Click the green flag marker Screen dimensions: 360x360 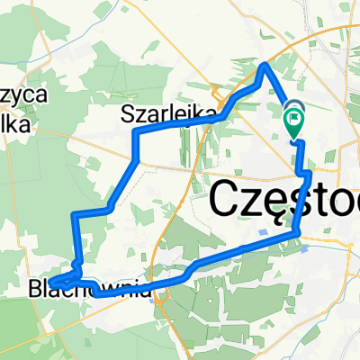(294, 118)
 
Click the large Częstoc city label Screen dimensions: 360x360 (284, 200)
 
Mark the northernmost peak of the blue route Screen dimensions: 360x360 (265, 65)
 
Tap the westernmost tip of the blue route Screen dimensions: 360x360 (51, 283)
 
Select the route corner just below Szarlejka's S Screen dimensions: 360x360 (135, 132)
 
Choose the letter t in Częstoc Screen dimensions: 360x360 (319, 199)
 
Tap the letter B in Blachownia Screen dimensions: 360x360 (35, 291)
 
